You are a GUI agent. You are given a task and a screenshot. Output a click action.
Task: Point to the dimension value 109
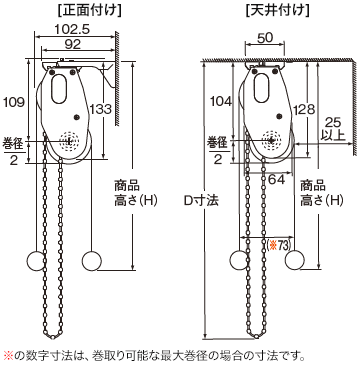point(14,102)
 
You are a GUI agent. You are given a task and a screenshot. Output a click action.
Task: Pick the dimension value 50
point(264,37)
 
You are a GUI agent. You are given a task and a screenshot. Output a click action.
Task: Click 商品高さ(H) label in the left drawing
point(127,195)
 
